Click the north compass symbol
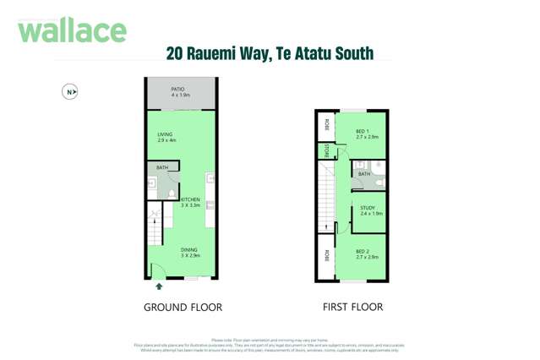pyautogui.click(x=70, y=92)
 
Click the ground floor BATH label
pyautogui.click(x=162, y=167)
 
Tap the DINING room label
pyautogui.click(x=189, y=252)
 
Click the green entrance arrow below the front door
pyautogui.click(x=159, y=286)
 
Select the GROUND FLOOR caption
pyautogui.click(x=183, y=307)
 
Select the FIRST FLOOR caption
pyautogui.click(x=352, y=307)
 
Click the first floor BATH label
pyautogui.click(x=364, y=174)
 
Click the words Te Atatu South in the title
pyautogui.click(x=325, y=54)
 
